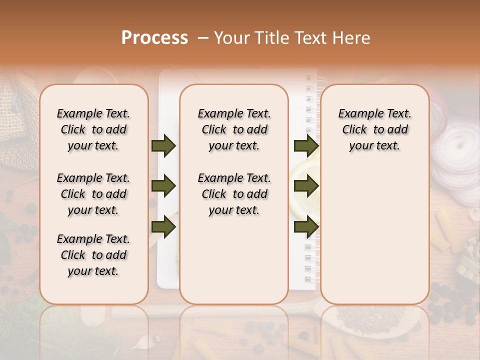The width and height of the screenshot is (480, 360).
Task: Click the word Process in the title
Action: tap(154, 37)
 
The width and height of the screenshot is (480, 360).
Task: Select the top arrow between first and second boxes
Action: tap(163, 145)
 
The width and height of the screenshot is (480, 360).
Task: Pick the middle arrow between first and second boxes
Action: tap(163, 186)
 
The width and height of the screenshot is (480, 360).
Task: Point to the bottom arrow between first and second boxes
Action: tap(163, 227)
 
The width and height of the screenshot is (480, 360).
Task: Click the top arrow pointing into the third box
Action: tap(306, 145)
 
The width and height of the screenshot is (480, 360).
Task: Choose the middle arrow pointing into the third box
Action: tap(306, 186)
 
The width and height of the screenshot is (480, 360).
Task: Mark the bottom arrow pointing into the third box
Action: tap(306, 227)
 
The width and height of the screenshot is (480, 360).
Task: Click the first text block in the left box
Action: tap(93, 129)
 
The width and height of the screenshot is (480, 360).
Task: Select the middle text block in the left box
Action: tap(93, 194)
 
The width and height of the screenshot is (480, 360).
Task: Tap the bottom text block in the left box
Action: tap(93, 255)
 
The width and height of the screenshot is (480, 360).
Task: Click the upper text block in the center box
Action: tap(234, 129)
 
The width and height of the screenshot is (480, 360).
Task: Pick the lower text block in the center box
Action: tap(234, 194)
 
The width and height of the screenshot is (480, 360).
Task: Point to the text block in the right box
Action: tap(374, 129)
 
